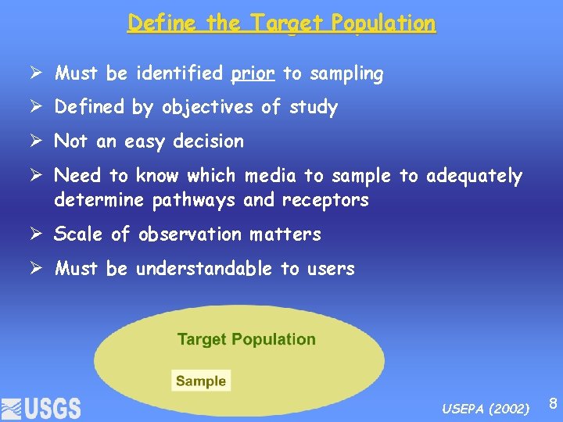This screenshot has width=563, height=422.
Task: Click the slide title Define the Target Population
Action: tap(281, 23)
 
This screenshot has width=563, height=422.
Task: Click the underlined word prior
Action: tap(253, 74)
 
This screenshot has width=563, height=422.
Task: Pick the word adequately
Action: tap(474, 177)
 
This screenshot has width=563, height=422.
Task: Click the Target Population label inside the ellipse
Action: tap(246, 339)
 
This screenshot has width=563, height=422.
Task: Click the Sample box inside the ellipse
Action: tap(201, 381)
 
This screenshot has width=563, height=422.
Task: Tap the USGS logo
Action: tap(41, 407)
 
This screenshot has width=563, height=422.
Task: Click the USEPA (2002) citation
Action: tap(485, 409)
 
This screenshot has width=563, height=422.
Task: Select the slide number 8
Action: tap(552, 404)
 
